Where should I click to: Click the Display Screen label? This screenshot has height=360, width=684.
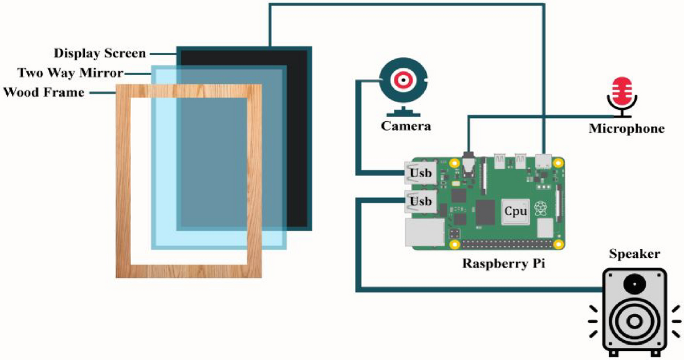coord(100,54)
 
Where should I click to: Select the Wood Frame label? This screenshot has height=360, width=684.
coord(44,92)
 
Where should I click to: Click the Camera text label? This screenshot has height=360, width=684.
coord(406,126)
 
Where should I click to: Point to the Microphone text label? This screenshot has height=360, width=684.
coord(626,129)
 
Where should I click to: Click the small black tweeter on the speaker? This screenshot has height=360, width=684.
coord(633,284)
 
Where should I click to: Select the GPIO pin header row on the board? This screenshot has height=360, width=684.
coord(507,244)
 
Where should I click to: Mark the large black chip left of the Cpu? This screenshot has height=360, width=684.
coord(486,212)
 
